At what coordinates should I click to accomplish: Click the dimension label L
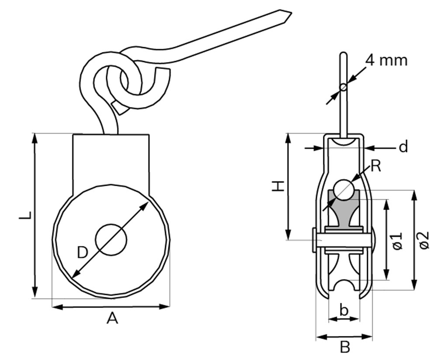click(25, 215)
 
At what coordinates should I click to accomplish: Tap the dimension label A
click(112, 318)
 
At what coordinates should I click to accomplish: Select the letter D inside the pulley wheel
click(82, 253)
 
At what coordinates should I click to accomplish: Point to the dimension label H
click(278, 186)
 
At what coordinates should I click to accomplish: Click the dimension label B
click(345, 348)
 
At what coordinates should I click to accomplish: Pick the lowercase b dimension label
click(344, 310)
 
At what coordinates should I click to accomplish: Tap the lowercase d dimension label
click(403, 146)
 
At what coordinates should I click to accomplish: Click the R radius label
click(376, 166)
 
